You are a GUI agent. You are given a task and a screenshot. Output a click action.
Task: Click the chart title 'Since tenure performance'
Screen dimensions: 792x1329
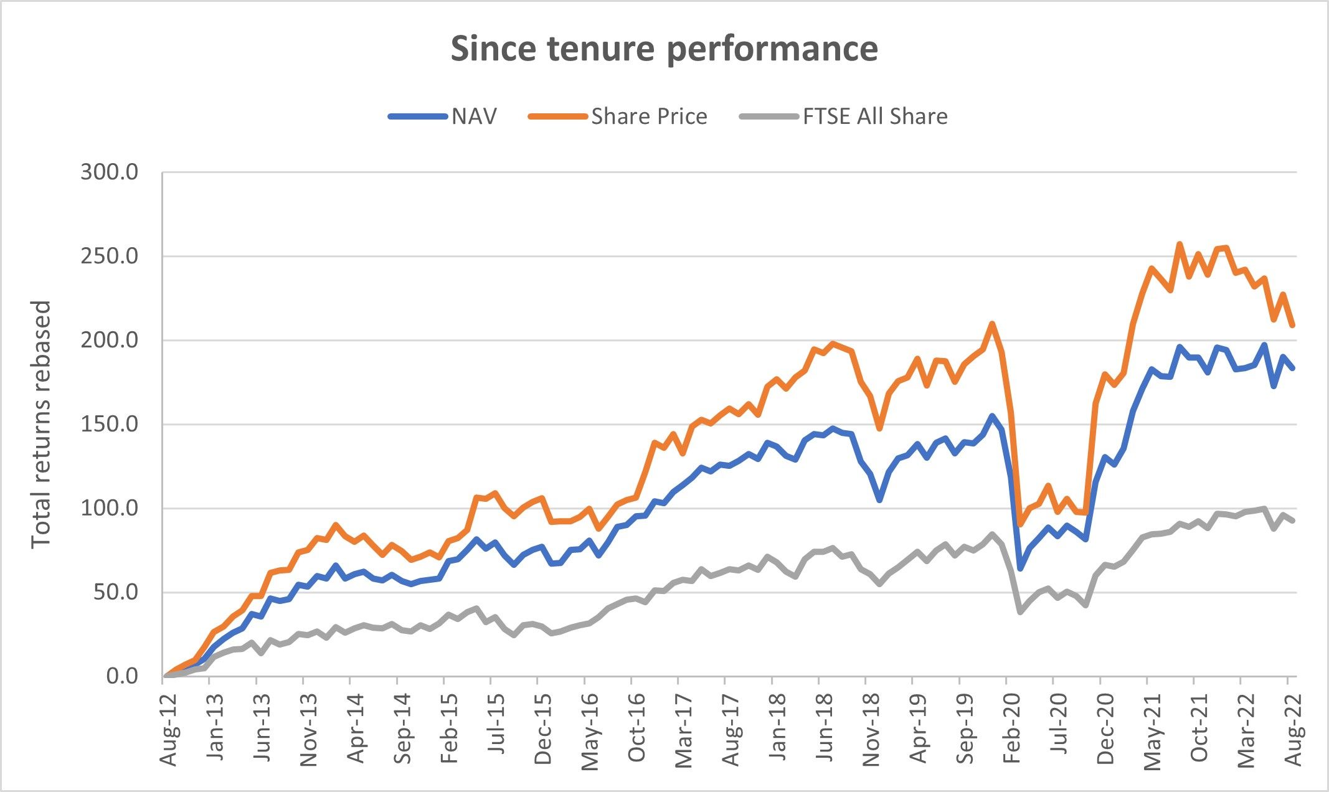tap(664, 49)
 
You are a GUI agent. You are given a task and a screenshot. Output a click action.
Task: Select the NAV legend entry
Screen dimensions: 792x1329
tap(474, 116)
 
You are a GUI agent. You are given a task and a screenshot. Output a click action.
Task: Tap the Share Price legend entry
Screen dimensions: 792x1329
tap(648, 116)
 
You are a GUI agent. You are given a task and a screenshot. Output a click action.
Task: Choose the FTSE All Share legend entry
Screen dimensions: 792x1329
tap(874, 116)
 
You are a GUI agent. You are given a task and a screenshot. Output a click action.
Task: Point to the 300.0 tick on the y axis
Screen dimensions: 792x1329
tap(109, 172)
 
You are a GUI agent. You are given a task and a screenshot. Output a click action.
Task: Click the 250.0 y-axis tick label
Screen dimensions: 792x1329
tap(109, 256)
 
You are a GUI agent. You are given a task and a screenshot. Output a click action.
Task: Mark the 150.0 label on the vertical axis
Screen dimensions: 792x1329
tap(109, 424)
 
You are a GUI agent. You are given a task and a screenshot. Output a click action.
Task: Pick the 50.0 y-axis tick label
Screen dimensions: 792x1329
tap(115, 592)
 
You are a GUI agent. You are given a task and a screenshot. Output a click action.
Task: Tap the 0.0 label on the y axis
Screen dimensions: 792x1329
tap(122, 676)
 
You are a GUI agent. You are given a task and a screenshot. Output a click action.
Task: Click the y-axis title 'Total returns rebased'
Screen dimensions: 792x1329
tap(40, 424)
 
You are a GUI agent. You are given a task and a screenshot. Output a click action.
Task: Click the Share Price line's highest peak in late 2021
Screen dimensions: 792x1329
tap(1180, 243)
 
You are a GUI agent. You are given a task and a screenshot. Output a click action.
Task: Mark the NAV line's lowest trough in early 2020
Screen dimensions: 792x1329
tap(1020, 568)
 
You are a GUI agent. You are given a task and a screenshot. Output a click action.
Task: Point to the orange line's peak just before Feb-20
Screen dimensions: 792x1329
tap(992, 323)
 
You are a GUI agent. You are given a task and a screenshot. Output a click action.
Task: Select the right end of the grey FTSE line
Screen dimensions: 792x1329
tap(1294, 521)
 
